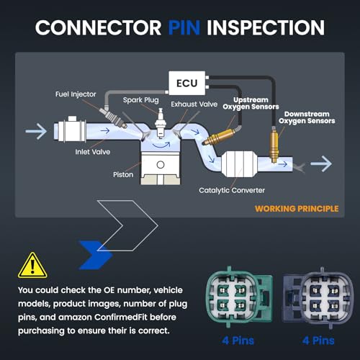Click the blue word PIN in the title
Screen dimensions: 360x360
(x=184, y=27)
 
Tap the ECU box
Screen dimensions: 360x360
(x=187, y=83)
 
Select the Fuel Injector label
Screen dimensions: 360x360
(x=76, y=94)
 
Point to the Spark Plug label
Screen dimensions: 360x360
(x=140, y=100)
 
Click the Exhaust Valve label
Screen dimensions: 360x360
(x=194, y=104)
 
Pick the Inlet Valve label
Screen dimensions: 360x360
(x=93, y=152)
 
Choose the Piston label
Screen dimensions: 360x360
(x=123, y=174)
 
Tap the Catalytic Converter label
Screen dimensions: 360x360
(x=232, y=190)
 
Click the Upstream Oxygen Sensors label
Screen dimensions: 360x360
(x=251, y=103)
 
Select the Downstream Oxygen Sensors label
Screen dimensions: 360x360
(x=307, y=117)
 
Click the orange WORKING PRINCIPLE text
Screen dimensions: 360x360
(x=297, y=209)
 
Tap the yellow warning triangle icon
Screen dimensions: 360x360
(x=32, y=266)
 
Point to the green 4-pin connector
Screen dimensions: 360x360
(x=239, y=297)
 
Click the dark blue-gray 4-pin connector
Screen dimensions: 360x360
(x=318, y=297)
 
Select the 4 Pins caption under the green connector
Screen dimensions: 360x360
(x=238, y=341)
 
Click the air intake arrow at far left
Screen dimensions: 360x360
(x=36, y=131)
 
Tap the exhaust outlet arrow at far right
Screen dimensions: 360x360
(x=321, y=163)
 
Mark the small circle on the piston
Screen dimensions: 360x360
(x=161, y=165)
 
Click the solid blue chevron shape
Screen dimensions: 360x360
(x=96, y=255)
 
